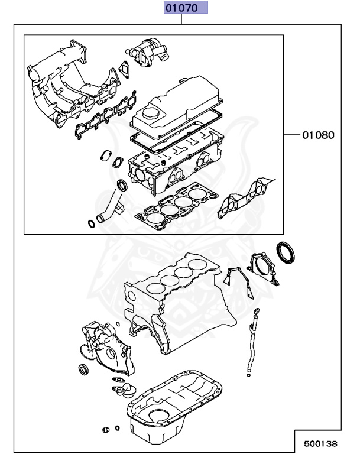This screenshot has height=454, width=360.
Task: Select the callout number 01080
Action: (318, 135)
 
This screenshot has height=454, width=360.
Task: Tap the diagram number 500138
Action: (321, 442)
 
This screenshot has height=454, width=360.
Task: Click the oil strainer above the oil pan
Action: (124, 390)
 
